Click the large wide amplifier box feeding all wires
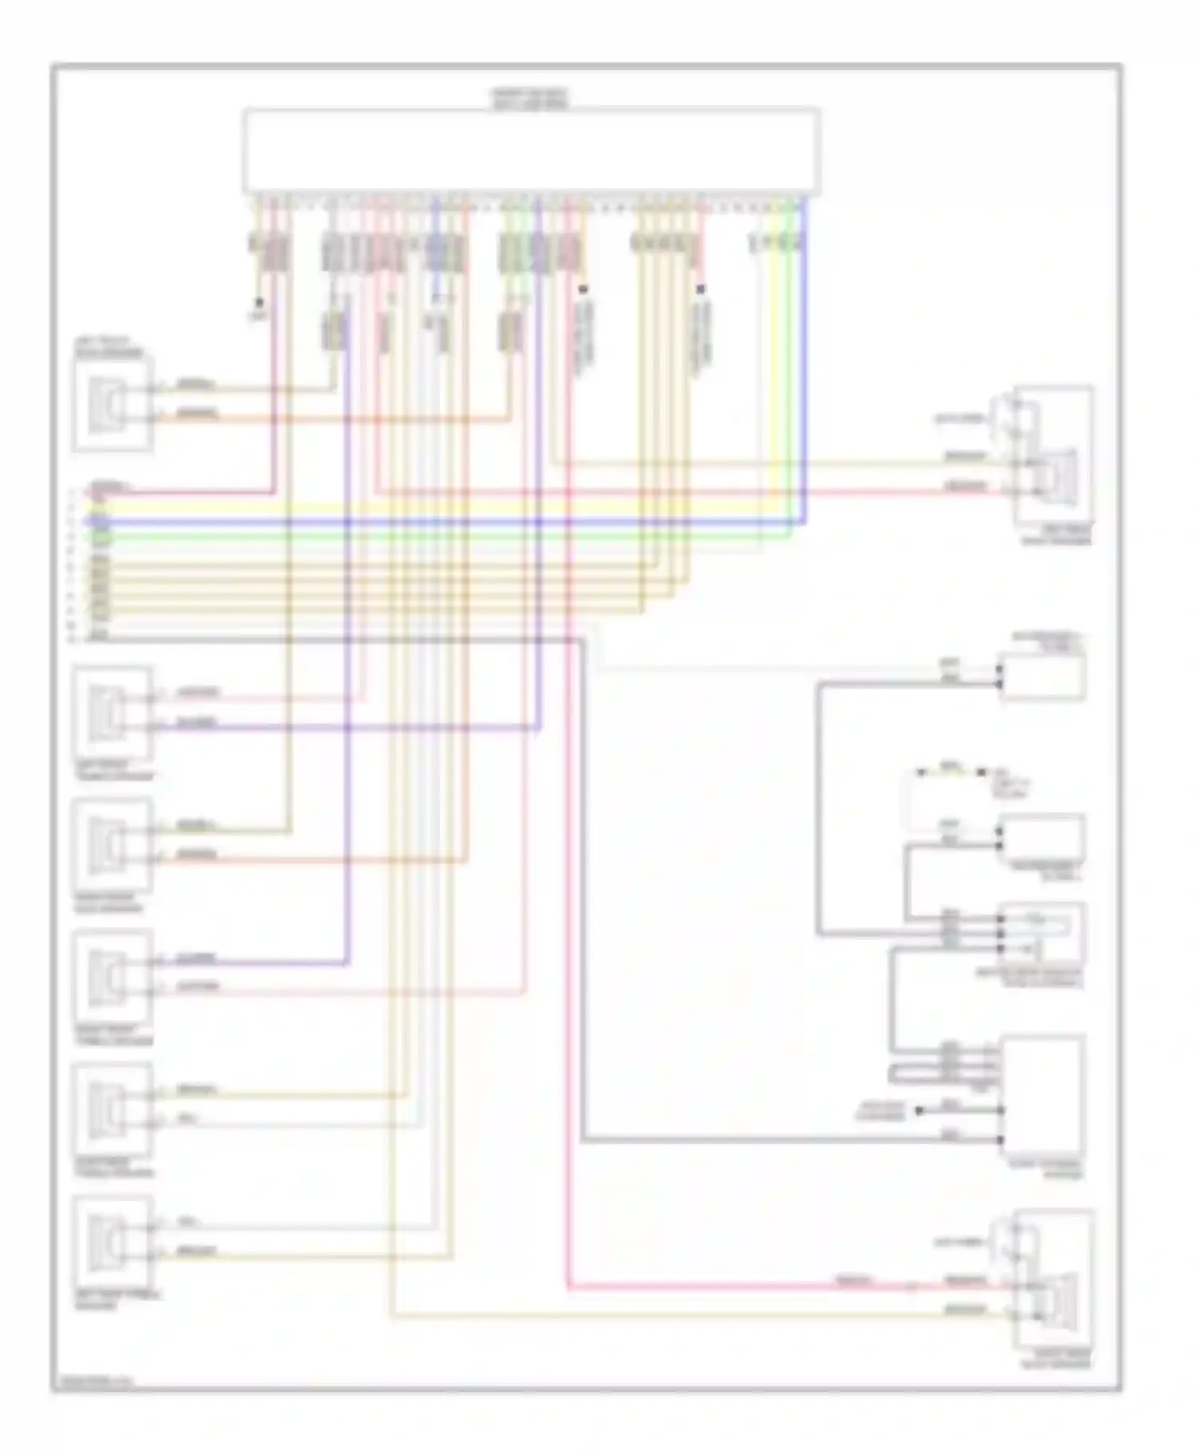(531, 151)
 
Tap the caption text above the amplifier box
(529, 99)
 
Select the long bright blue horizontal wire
(446, 523)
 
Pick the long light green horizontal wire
(446, 538)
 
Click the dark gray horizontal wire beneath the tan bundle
(335, 639)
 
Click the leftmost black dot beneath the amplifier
(258, 303)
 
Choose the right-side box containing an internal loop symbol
(1041, 933)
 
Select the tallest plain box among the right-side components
(1041, 1095)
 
